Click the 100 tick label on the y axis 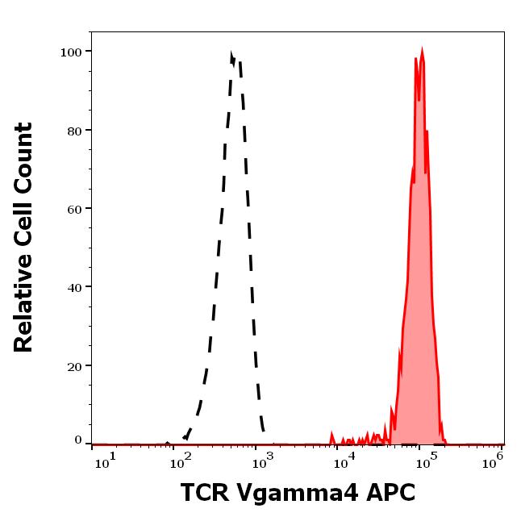coord(72,52)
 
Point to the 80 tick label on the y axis coord(75,131)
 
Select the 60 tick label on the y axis coord(75,209)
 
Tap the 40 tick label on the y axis coord(75,287)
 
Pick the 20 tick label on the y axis coord(75,366)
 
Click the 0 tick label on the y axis coord(78,440)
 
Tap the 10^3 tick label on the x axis coord(264,457)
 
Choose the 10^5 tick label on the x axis coord(423,457)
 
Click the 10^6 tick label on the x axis coord(494,457)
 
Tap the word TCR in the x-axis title coord(206,491)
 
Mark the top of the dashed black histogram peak coord(231,54)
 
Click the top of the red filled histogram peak coord(422,50)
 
